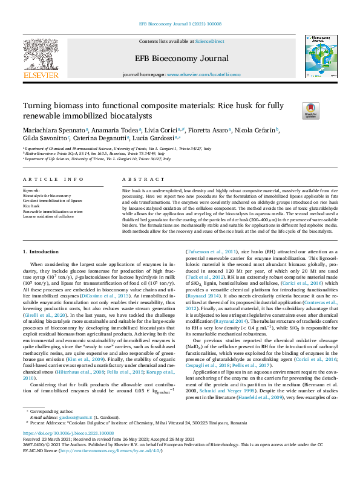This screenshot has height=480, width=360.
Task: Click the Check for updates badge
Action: (x=310, y=110)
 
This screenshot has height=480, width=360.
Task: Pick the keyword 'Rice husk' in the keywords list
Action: (x=31, y=206)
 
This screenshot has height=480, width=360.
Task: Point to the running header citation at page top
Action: (x=179, y=24)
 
